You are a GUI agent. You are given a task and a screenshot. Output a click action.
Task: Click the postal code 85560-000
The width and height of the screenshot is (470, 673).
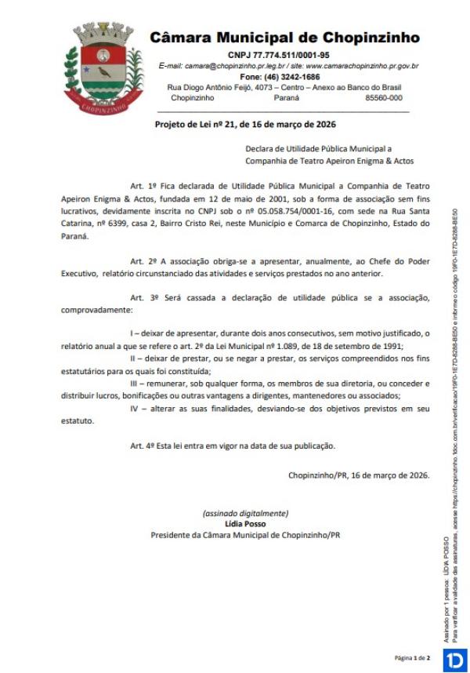[x=384, y=98]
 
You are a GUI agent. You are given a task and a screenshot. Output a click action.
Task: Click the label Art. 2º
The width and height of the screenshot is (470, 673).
[x=144, y=260]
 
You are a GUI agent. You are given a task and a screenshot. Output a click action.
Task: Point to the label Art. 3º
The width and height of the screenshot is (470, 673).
[x=144, y=298]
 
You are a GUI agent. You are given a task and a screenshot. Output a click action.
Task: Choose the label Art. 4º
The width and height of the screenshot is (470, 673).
[x=144, y=446]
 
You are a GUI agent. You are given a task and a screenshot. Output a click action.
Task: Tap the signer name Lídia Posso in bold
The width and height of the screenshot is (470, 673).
[x=245, y=523]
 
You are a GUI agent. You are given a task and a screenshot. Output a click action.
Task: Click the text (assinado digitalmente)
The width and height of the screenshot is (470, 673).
[x=245, y=513]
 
